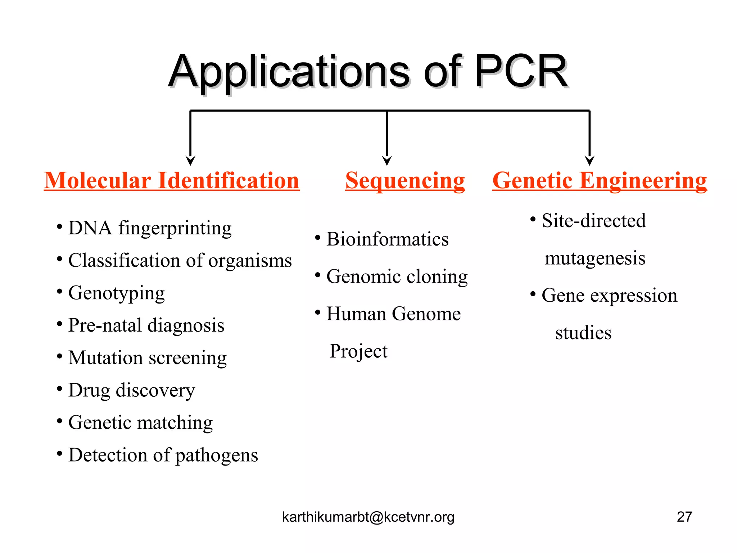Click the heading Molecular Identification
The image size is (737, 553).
[172, 180]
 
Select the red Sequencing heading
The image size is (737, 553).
[405, 180]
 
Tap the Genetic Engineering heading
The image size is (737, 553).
[600, 180]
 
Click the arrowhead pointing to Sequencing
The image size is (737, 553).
[387, 160]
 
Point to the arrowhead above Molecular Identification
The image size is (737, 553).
[190, 160]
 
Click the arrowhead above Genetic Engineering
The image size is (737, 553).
[589, 160]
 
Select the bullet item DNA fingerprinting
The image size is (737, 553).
[150, 228]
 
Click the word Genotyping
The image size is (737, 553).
[117, 293]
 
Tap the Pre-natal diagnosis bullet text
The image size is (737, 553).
[146, 325]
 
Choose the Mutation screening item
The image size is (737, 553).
[148, 358]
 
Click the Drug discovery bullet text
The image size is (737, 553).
[132, 390]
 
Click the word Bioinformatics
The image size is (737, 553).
[387, 239]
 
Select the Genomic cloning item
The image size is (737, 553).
[397, 277]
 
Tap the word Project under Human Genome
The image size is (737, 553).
[358, 351]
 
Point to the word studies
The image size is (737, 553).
[583, 333]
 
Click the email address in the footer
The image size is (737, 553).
[368, 517]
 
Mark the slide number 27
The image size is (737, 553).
[684, 517]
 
